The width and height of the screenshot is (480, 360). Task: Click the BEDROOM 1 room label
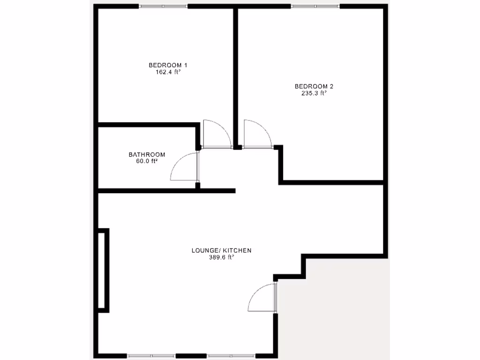(x=168, y=65)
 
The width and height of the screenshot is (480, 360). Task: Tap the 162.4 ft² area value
(x=168, y=72)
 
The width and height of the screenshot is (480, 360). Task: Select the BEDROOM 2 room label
(x=314, y=86)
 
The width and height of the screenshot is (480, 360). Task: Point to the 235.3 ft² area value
(x=314, y=93)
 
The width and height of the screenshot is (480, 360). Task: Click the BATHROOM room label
(x=147, y=155)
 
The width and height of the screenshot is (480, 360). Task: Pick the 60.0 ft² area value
(x=147, y=161)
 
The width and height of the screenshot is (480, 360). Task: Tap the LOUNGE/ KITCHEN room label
(x=221, y=250)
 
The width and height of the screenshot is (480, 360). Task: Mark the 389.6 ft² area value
(x=221, y=257)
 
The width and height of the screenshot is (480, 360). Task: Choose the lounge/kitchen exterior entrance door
(x=262, y=298)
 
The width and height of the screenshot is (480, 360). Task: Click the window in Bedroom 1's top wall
(x=163, y=6)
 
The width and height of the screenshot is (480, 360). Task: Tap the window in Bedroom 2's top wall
(x=315, y=6)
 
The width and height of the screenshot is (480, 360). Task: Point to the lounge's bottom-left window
(x=151, y=355)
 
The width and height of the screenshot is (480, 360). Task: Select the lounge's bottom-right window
(x=232, y=355)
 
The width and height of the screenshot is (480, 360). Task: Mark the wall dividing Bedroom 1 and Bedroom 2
(x=236, y=75)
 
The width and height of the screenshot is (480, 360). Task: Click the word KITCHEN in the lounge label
(x=237, y=250)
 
